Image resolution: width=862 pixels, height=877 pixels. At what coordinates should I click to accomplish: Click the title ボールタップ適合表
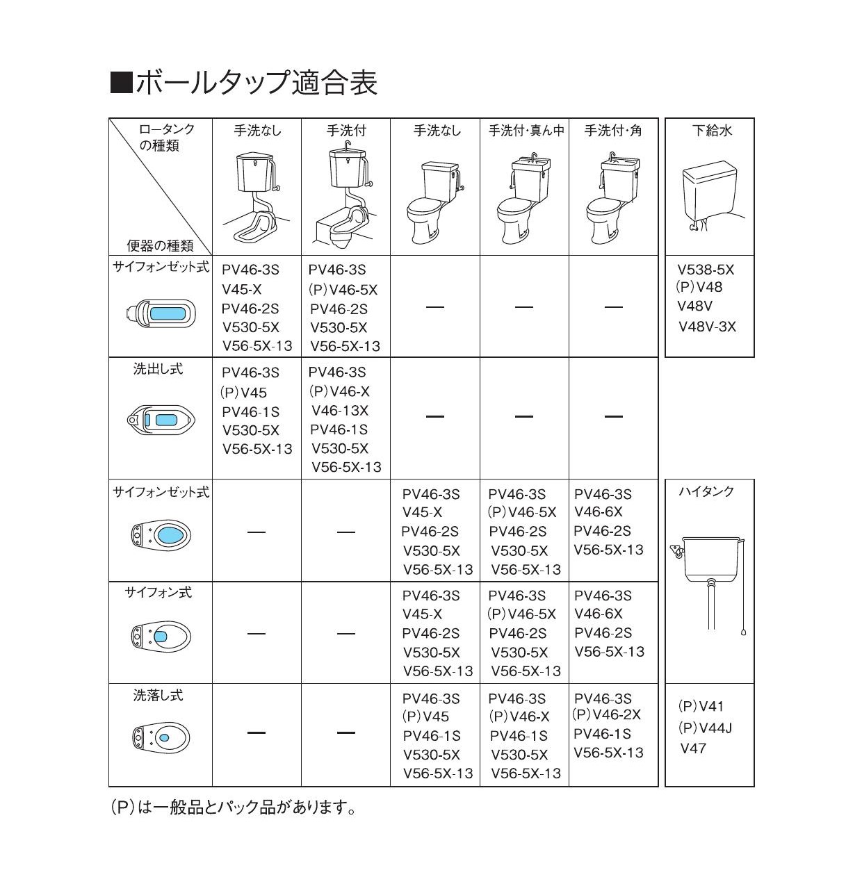point(256,83)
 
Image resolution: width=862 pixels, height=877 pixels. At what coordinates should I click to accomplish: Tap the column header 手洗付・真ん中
point(526,131)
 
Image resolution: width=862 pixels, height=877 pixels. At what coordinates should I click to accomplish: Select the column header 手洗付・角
point(613,131)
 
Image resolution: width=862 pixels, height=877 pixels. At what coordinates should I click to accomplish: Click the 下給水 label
point(711,131)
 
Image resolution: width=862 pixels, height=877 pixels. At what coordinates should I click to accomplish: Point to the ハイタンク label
point(706,491)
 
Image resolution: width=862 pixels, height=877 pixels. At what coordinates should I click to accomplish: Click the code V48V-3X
point(707,327)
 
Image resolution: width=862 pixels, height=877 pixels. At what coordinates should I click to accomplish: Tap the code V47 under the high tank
point(693,748)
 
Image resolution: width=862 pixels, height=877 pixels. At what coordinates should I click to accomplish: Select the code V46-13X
point(340,411)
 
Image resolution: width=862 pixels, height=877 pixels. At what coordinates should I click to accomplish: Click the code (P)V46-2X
point(607,715)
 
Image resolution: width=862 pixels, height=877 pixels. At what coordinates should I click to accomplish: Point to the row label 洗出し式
point(158,370)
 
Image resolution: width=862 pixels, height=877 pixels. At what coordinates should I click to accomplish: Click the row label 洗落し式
point(158,695)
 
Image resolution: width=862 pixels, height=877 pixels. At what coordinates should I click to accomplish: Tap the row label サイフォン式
point(158,593)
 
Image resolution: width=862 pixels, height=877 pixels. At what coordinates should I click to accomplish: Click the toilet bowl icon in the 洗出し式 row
point(160,420)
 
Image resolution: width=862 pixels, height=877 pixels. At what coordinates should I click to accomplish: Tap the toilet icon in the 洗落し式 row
point(160,737)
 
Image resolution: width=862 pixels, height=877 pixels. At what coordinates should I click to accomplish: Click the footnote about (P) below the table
point(234,808)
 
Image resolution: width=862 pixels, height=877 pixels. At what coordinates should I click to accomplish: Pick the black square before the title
point(121,83)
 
